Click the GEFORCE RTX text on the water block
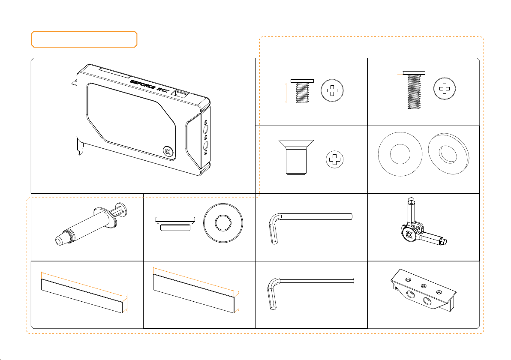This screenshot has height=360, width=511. (x=150, y=86)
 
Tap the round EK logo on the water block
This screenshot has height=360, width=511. (x=169, y=152)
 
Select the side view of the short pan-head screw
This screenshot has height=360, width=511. (x=302, y=91)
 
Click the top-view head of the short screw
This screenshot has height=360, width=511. (x=332, y=90)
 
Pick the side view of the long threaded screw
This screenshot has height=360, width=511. (x=414, y=90)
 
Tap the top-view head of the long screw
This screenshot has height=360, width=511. (x=445, y=89)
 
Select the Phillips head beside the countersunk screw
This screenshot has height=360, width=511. (x=335, y=159)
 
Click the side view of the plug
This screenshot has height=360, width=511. (x=175, y=224)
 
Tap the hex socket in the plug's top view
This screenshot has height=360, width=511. (x=223, y=223)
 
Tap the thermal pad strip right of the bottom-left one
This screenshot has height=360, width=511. (x=194, y=294)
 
